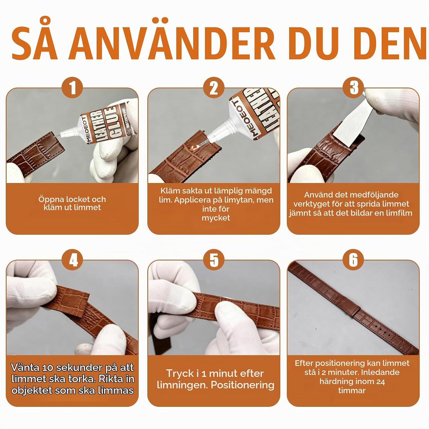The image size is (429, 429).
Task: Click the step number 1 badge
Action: pyautogui.click(x=72, y=88)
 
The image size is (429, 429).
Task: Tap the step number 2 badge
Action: pyautogui.click(x=214, y=88)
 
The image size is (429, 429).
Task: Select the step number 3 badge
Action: pyautogui.click(x=354, y=88)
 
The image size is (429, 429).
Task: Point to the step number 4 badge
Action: pyautogui.click(x=73, y=260)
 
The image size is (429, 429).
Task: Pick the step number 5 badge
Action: pyautogui.click(x=214, y=260)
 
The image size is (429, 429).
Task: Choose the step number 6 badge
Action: pyautogui.click(x=354, y=260)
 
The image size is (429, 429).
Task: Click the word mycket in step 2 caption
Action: pyautogui.click(x=216, y=218)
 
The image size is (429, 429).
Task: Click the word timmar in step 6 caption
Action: pyautogui.click(x=352, y=391)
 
